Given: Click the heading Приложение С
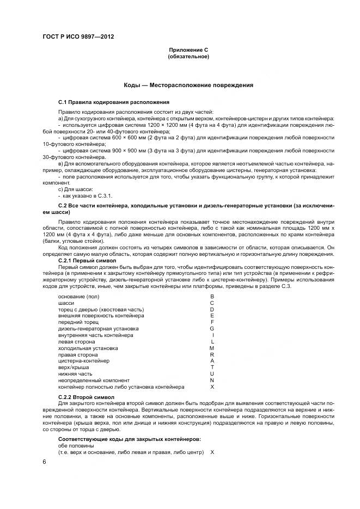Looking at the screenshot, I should tap(188, 50).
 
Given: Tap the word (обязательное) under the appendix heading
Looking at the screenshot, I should tap(188, 57).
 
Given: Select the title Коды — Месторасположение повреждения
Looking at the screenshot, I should tap(188, 85).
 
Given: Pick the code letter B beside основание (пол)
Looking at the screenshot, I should tap(212, 296).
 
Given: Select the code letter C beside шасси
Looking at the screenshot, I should tap(212, 303).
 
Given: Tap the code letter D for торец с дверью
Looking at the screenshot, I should tap(212, 309).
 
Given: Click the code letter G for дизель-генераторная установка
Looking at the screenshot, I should tap(212, 329).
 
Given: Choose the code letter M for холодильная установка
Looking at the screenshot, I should tap(212, 348).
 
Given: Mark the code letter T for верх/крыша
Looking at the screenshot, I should tap(212, 367).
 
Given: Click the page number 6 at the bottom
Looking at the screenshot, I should tap(44, 462).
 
